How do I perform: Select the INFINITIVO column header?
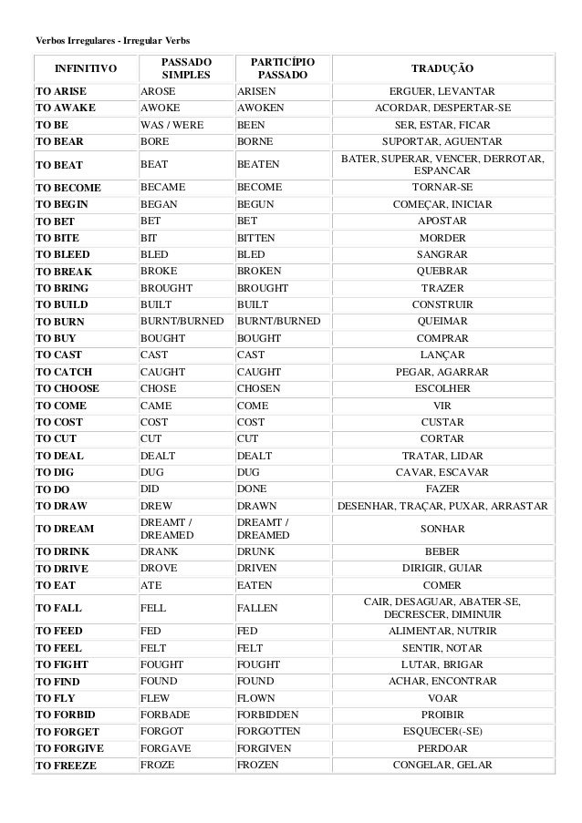(85, 68)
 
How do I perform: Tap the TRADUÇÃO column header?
(442, 68)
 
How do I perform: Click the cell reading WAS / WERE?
(172, 125)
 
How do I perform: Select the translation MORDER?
(442, 238)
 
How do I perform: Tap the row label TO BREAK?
(63, 271)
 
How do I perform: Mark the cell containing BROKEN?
(259, 271)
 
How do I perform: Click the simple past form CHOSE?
(159, 387)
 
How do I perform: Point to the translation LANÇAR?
(442, 355)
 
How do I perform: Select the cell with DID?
(151, 488)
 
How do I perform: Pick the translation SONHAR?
(442, 529)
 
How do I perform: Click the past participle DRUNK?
(255, 551)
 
